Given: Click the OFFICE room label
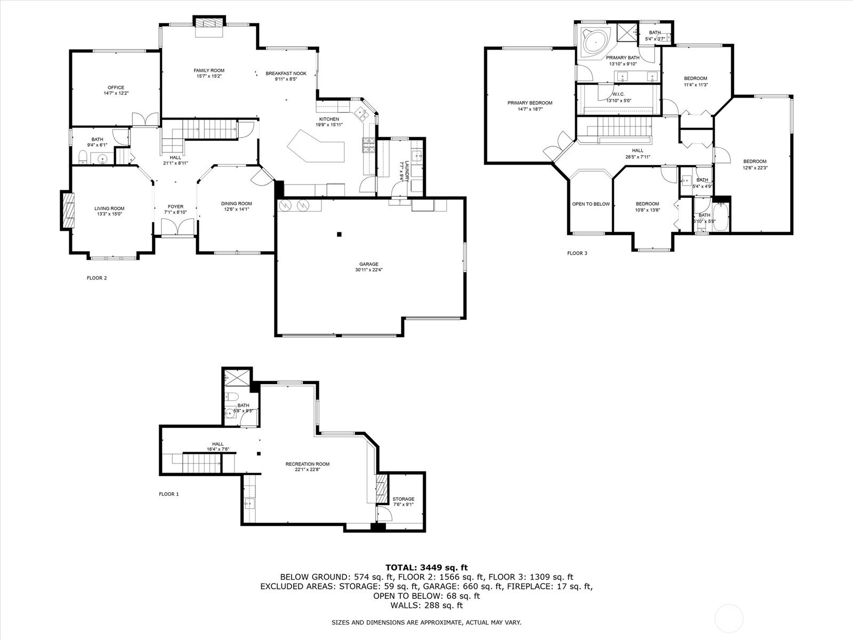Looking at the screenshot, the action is (116, 87).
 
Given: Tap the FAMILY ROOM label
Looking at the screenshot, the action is (209, 70).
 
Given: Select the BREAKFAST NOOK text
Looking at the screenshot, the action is (286, 73).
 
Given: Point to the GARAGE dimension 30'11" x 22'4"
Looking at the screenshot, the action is (369, 270).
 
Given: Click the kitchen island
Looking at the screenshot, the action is (317, 146).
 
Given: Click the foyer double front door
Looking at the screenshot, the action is (178, 227).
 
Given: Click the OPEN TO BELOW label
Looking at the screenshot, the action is (591, 204).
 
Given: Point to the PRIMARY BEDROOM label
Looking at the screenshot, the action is (530, 103).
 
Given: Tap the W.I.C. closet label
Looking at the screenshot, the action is (618, 94).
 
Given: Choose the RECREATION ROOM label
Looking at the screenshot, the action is (308, 464).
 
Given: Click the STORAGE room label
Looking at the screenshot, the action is (404, 499).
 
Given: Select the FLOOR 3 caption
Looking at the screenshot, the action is (577, 253).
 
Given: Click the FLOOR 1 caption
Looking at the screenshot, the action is (168, 494).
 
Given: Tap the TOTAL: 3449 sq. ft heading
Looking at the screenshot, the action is (426, 567).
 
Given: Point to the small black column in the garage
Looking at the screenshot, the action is (339, 234).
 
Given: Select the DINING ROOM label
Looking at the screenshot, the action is (236, 204).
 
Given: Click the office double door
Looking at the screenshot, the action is (146, 119).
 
